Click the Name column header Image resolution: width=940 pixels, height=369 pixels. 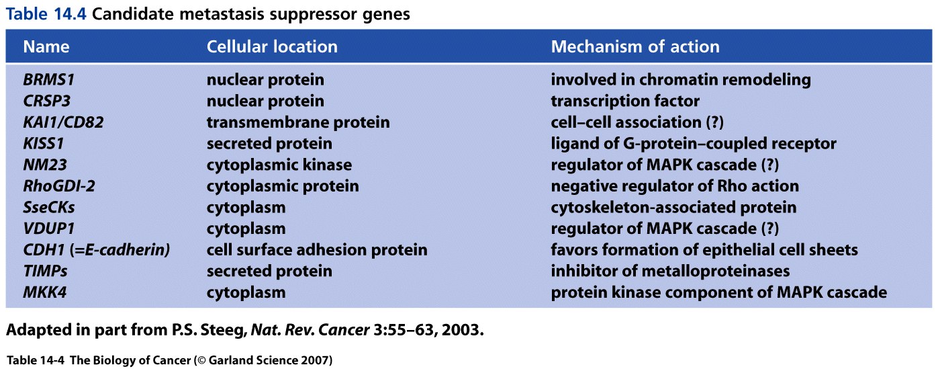46,46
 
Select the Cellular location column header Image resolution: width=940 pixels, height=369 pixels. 272,46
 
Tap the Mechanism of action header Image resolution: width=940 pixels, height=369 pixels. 635,46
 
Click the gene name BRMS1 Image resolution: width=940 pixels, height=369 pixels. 48,79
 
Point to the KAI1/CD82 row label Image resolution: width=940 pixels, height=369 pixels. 63,122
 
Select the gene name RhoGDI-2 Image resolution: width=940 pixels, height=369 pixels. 59,186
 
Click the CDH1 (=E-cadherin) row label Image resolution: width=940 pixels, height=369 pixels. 97,249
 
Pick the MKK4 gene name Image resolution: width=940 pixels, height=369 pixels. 45,292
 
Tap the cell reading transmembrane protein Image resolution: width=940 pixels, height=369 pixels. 298,122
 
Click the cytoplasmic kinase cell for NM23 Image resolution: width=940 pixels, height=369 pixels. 279,165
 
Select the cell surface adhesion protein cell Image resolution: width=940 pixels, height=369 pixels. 317,249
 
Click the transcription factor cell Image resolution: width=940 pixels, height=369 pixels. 625,101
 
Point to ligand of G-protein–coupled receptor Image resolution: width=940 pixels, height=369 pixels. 693,144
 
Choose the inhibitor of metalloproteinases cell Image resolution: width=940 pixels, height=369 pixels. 670,271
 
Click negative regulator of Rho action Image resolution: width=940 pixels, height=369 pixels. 675,186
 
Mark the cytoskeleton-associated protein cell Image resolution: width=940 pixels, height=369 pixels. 673,207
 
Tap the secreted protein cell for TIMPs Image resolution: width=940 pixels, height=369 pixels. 269,271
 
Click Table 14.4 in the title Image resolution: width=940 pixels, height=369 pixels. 46,14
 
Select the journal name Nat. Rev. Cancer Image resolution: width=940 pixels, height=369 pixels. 310,330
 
